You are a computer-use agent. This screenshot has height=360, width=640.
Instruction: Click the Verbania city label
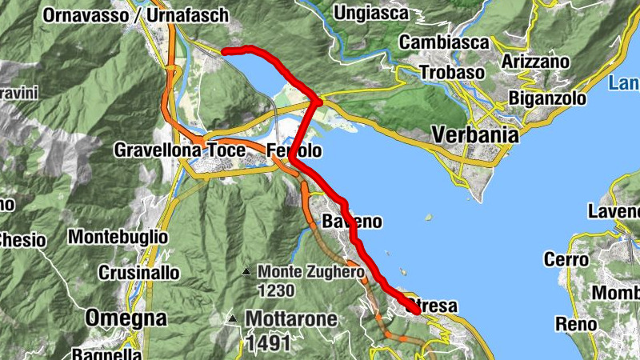tap(475, 134)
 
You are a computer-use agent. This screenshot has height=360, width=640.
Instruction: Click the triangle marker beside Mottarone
tap(232, 318)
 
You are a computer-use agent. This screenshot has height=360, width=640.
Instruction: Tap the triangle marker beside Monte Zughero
tap(247, 272)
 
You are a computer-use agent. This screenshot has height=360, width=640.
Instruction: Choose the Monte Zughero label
tap(311, 272)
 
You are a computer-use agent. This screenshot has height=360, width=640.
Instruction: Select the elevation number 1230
tap(277, 290)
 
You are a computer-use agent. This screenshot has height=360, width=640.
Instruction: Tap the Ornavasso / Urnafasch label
tap(136, 15)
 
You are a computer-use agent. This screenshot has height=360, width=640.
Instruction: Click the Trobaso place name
tap(453, 73)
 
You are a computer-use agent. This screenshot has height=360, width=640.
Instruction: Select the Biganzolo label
tap(548, 99)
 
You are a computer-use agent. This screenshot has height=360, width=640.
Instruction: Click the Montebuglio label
tap(118, 237)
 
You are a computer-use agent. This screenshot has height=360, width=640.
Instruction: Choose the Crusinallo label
tap(139, 272)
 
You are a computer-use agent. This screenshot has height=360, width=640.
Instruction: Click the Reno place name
tap(576, 324)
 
